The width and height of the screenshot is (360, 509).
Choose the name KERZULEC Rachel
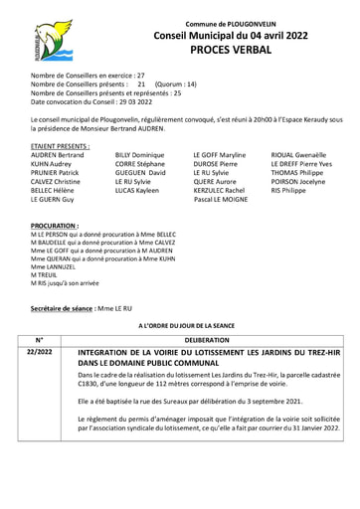(219, 190)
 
